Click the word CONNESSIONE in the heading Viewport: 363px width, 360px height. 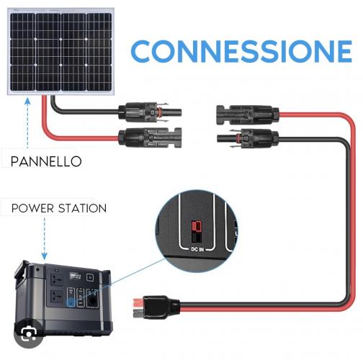[241, 51]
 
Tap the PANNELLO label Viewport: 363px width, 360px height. [46, 161]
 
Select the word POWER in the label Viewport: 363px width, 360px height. [32, 208]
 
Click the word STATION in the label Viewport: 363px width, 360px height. [82, 208]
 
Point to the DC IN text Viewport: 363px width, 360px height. [197, 249]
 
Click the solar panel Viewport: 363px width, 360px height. [60, 52]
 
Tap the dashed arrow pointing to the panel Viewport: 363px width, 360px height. [27, 123]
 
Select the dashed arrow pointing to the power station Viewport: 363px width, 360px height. [45, 238]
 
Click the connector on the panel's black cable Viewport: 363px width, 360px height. [150, 112]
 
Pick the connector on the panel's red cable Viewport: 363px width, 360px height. [150, 138]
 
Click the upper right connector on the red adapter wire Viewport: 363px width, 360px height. [248, 115]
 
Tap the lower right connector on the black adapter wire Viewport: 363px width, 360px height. [248, 139]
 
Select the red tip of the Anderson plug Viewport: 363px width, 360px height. [138, 302]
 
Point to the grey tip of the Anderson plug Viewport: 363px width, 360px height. [138, 313]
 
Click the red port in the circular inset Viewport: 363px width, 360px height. [196, 226]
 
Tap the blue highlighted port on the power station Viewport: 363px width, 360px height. [71, 302]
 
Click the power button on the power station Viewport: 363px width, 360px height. [90, 277]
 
